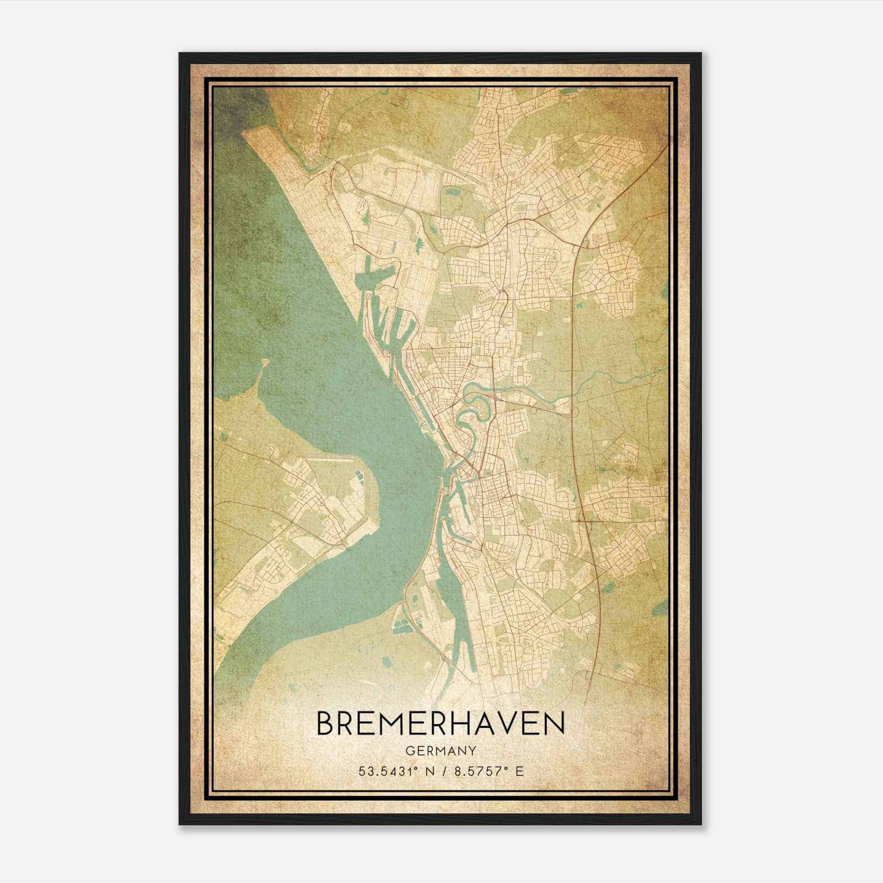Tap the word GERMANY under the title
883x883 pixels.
(441, 751)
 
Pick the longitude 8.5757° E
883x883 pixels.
(486, 772)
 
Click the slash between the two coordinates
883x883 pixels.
(440, 772)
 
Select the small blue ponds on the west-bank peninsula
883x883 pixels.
(358, 475)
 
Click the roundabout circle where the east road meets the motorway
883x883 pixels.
(576, 249)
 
